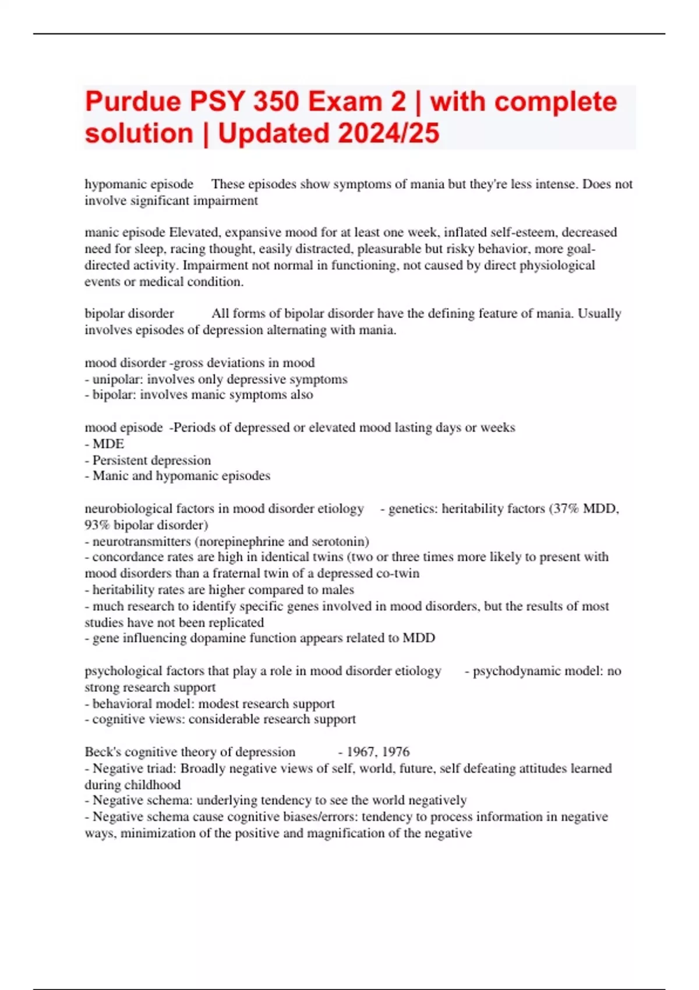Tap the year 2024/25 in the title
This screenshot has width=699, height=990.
click(x=388, y=133)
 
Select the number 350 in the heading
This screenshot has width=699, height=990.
click(x=274, y=102)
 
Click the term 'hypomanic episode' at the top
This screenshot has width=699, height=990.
click(x=139, y=184)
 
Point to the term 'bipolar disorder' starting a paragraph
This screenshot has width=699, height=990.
click(x=129, y=313)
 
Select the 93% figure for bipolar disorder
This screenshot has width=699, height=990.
click(x=97, y=525)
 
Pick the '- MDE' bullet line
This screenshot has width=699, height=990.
click(x=105, y=444)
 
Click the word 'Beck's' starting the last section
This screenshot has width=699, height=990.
click(x=103, y=752)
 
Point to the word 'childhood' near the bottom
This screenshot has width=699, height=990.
click(x=156, y=784)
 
